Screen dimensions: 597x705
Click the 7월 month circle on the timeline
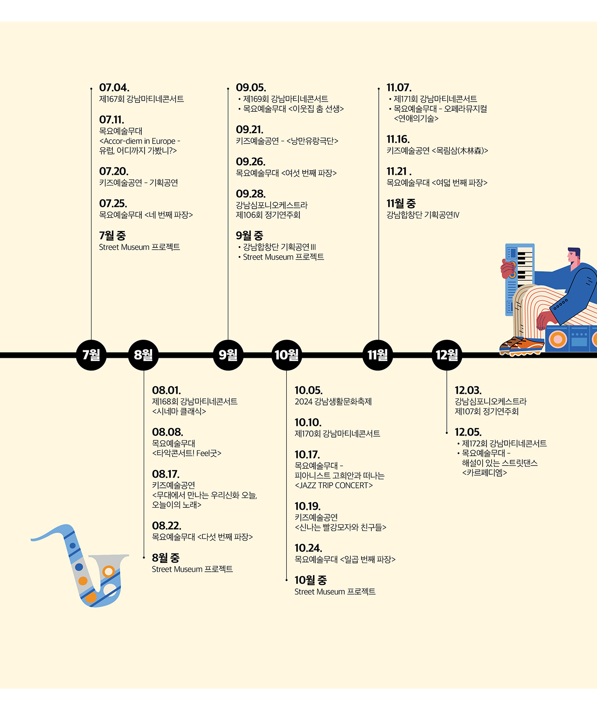pyautogui.click(x=91, y=355)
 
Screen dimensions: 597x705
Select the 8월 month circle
pyautogui.click(x=143, y=355)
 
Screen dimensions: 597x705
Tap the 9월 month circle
pyautogui.click(x=228, y=355)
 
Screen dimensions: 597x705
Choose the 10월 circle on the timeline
pyautogui.click(x=286, y=355)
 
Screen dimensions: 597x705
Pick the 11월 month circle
pyautogui.click(x=377, y=355)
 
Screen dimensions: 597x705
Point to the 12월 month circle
pyautogui.click(x=447, y=355)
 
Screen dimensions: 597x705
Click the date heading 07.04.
pyautogui.click(x=114, y=88)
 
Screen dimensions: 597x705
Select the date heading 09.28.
pyautogui.click(x=250, y=194)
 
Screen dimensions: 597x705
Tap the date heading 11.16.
pyautogui.click(x=398, y=139)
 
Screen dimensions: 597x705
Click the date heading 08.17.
pyautogui.click(x=166, y=474)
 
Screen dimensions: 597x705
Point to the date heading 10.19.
pyautogui.click(x=307, y=506)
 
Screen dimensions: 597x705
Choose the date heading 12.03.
pyautogui.click(x=468, y=390)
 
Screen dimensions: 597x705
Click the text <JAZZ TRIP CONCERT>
pyautogui.click(x=334, y=486)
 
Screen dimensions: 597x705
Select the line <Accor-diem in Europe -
pyautogui.click(x=139, y=141)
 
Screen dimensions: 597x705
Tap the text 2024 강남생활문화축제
pyautogui.click(x=333, y=402)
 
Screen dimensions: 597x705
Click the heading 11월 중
pyautogui.click(x=401, y=204)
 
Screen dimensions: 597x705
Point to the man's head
pyautogui.click(x=573, y=255)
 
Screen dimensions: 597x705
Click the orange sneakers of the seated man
pyautogui.click(x=522, y=346)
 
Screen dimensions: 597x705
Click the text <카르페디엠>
pyautogui.click(x=484, y=473)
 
